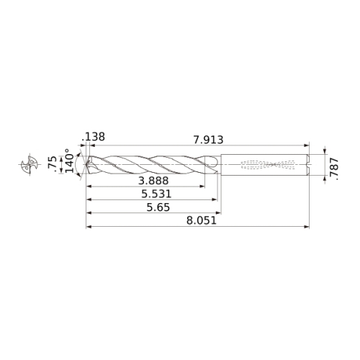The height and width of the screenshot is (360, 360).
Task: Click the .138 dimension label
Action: coord(93,137)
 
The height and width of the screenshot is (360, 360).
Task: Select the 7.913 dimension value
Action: coord(208,140)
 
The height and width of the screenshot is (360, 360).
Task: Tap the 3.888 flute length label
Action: coord(153,181)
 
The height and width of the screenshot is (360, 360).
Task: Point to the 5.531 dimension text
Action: coord(156,194)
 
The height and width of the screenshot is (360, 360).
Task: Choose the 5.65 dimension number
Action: coord(158,207)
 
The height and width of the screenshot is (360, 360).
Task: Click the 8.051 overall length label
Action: coord(202,220)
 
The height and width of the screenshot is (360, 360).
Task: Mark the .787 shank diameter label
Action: coord(334,169)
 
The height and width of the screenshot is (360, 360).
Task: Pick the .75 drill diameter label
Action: coord(53,164)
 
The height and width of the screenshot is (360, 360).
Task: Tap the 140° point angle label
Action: coord(70,161)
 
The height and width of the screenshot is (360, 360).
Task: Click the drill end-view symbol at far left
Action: coord(30,164)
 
